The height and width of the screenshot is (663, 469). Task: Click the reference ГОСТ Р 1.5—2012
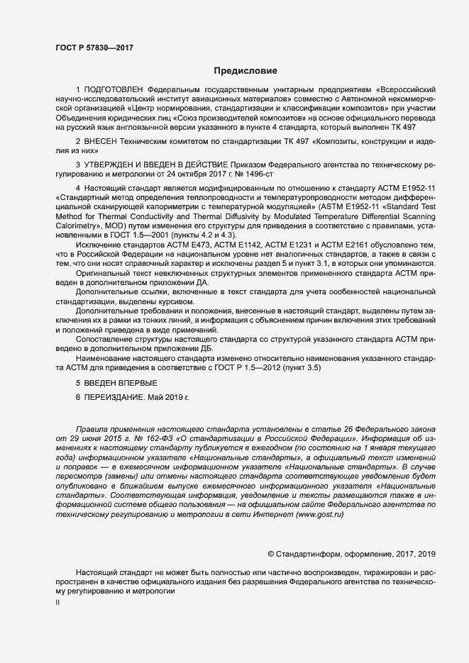click(248, 368)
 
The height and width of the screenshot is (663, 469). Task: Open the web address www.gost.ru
click(317, 494)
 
